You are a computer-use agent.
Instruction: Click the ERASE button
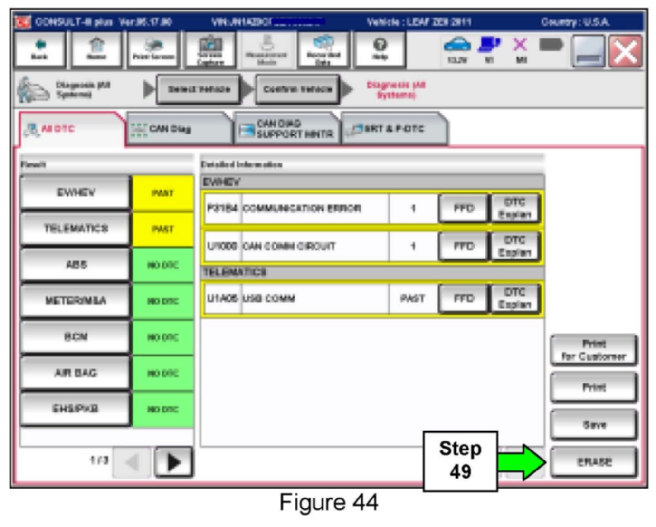[x=594, y=461]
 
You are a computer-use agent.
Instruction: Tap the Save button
[x=594, y=424]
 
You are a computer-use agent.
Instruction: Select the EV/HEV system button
[x=76, y=192]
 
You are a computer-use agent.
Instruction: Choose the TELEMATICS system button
[x=76, y=229]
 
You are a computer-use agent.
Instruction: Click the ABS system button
[x=76, y=265]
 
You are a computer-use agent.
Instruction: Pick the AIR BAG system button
[x=76, y=373]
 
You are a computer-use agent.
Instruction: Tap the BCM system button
[x=76, y=337]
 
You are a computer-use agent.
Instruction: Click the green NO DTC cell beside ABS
[x=163, y=265]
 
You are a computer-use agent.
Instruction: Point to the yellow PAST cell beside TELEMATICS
[x=163, y=229]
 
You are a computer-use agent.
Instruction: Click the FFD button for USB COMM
[x=464, y=298]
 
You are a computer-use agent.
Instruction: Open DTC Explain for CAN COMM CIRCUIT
[x=514, y=246]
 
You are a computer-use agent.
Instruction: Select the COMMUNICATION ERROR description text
[x=302, y=208]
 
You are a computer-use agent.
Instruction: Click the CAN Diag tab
[x=178, y=129]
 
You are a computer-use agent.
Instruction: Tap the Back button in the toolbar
[x=39, y=49]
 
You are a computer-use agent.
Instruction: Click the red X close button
[x=626, y=51]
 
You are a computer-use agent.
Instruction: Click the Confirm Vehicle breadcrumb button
[x=297, y=89]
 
